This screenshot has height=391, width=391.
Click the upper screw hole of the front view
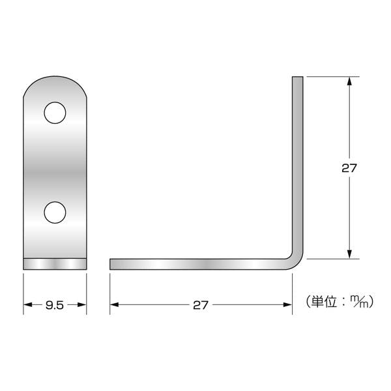55,113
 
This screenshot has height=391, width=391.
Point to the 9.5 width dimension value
55,304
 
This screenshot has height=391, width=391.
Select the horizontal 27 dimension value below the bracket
201,304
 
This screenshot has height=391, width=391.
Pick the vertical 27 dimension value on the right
350,167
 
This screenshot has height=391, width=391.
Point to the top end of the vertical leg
297,79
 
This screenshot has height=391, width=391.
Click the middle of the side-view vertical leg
297,166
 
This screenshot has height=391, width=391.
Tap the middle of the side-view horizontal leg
202,263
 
